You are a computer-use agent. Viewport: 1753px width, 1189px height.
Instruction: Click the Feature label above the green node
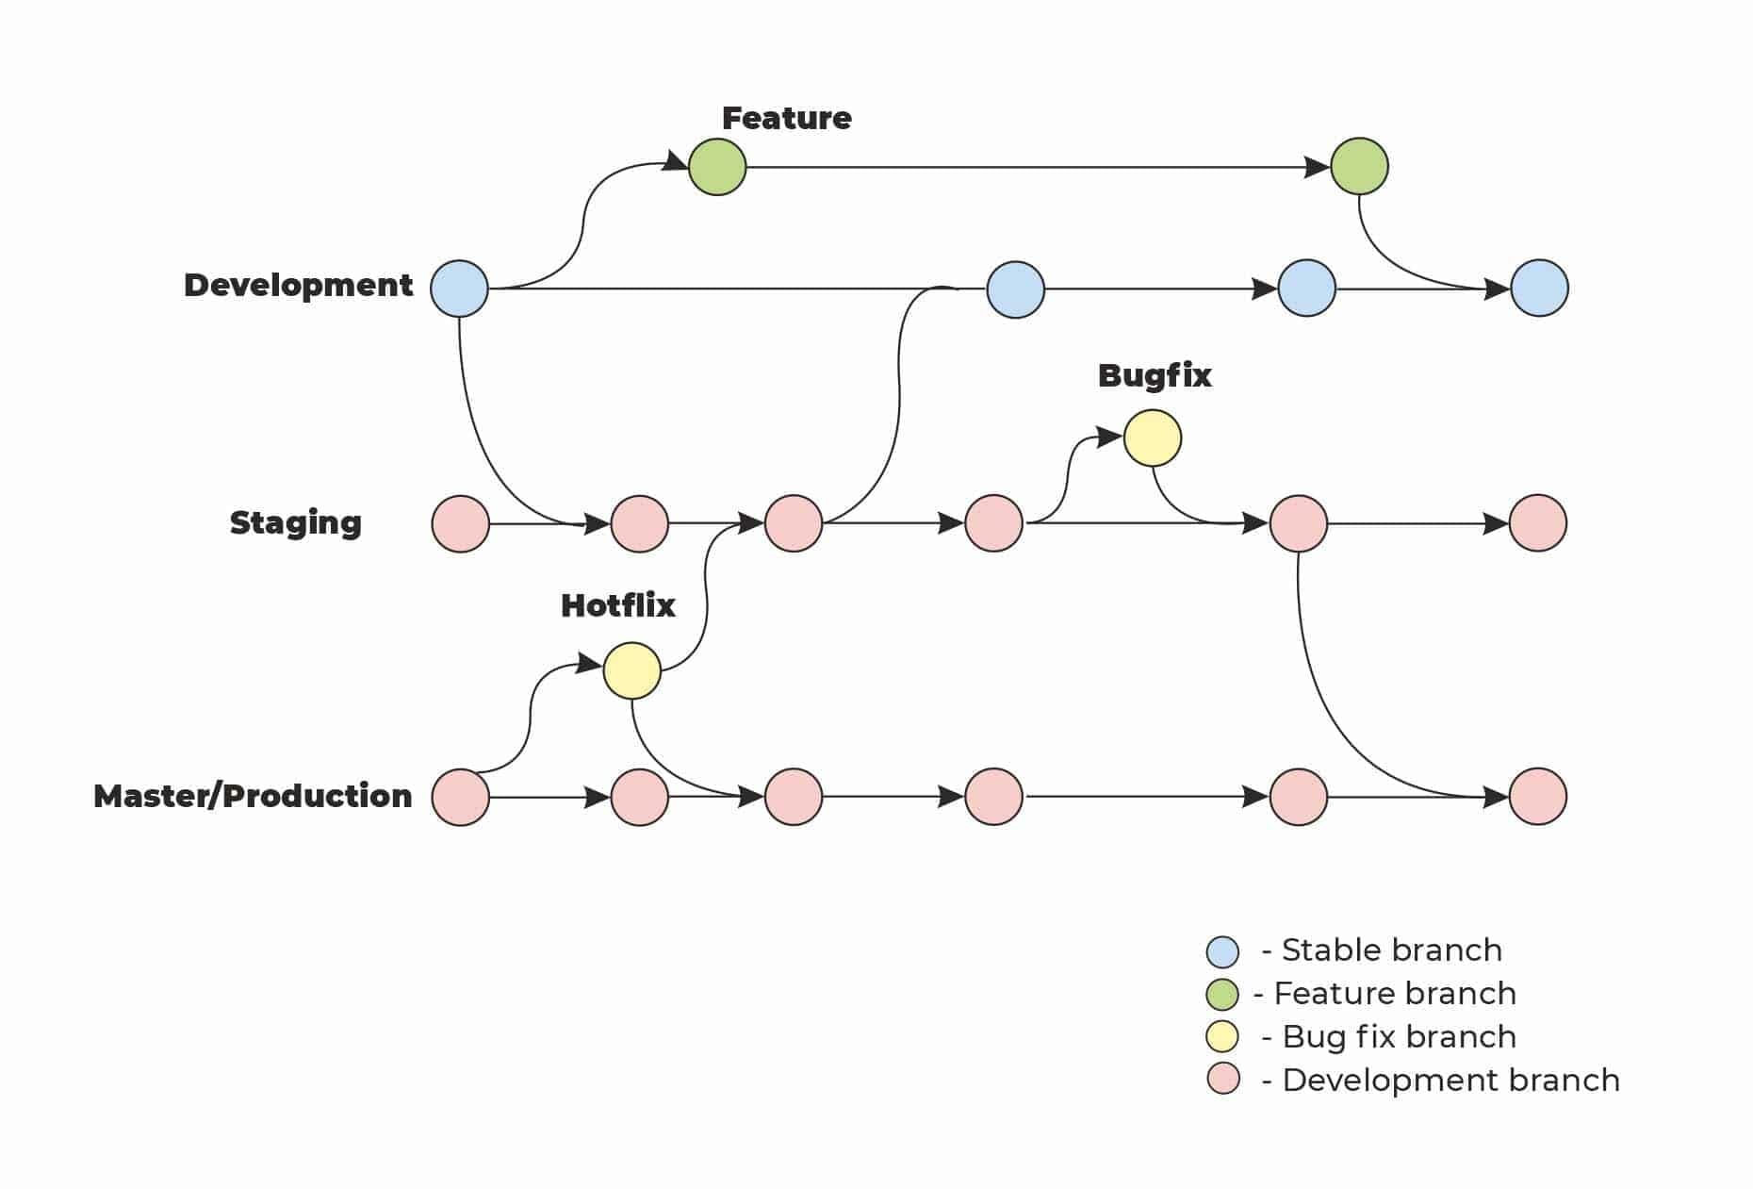(786, 118)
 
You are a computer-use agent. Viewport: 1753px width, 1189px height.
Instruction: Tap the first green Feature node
(717, 167)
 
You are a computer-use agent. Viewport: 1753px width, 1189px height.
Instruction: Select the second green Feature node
(1359, 166)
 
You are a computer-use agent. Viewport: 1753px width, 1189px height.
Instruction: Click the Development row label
(298, 285)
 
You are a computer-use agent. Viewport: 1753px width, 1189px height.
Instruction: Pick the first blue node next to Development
(459, 289)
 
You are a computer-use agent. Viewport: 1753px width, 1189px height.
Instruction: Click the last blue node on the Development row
(1539, 288)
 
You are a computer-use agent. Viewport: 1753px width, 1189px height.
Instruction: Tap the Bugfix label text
(1154, 375)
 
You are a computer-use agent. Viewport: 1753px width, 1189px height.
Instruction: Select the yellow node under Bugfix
(1152, 438)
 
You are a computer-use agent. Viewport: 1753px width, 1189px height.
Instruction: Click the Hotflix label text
(617, 605)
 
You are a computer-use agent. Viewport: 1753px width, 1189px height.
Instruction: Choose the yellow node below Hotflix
(631, 670)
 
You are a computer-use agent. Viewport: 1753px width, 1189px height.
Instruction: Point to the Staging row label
(295, 522)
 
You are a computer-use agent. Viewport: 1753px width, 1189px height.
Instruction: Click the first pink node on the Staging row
(460, 523)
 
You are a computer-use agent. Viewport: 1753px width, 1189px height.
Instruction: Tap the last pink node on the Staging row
(1537, 522)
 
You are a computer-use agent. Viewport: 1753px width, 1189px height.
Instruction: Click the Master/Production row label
(253, 796)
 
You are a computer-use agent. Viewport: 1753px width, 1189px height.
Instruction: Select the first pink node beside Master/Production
(460, 797)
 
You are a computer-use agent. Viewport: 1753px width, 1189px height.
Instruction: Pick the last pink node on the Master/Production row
(1537, 796)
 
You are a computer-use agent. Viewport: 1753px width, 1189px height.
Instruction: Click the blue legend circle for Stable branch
(1222, 951)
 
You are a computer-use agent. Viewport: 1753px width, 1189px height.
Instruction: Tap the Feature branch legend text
(1394, 994)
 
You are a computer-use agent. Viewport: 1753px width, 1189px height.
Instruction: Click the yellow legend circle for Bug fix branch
(1222, 1036)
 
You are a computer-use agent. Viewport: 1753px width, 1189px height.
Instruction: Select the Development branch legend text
(1450, 1081)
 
